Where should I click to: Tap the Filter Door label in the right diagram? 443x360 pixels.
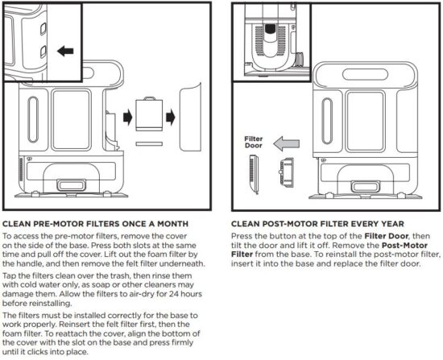pos(254,142)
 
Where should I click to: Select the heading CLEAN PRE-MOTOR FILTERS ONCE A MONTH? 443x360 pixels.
pos(96,223)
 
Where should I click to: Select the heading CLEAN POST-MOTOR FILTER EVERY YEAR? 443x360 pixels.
pos(317,223)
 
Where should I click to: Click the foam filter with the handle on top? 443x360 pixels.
pos(148,113)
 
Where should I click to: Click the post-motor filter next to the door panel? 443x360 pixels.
pos(284,171)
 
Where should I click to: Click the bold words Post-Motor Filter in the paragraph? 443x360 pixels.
pos(400,244)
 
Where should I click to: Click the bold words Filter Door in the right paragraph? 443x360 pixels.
pos(367,235)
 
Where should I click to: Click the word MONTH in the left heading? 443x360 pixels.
pos(173,223)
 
